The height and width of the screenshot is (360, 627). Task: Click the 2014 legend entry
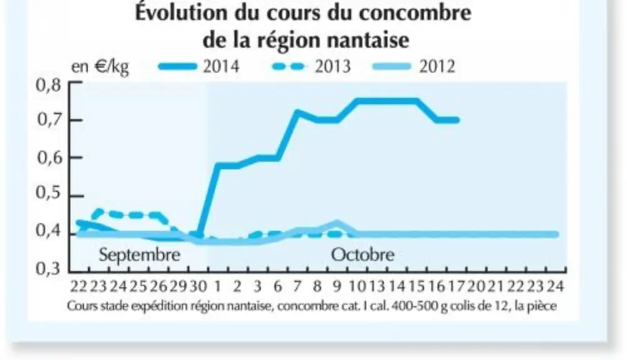click(x=199, y=66)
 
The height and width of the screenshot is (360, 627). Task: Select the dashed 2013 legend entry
click(x=311, y=66)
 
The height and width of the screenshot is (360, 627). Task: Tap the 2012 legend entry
click(x=413, y=66)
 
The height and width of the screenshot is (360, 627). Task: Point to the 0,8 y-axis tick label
click(x=48, y=85)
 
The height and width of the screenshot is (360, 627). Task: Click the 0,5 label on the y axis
click(x=48, y=192)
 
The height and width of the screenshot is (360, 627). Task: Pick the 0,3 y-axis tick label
click(x=48, y=268)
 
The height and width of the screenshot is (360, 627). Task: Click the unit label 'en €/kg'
click(x=100, y=67)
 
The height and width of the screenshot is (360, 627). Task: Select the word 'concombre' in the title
click(x=414, y=12)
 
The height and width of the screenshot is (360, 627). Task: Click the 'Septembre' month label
click(x=139, y=255)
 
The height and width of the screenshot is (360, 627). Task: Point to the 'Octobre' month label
click(x=363, y=254)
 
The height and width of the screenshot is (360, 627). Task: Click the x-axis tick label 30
click(x=198, y=286)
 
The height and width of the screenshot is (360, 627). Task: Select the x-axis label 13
click(x=376, y=286)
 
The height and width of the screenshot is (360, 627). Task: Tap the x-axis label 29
click(x=178, y=286)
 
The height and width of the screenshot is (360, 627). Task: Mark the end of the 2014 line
click(x=457, y=120)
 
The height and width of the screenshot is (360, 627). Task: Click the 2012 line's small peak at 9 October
click(x=337, y=223)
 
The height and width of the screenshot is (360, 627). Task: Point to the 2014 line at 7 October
click(x=297, y=112)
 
